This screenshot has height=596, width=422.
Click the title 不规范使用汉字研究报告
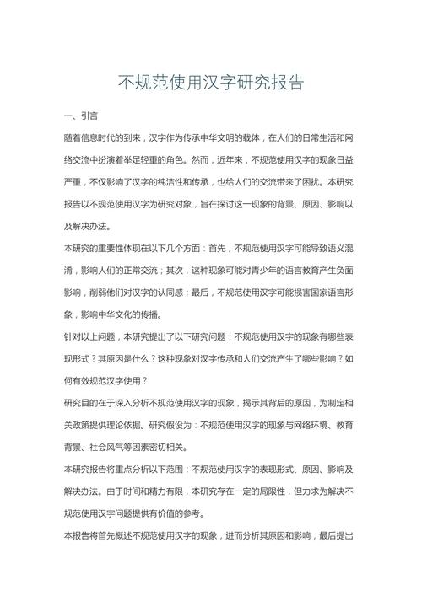coord(210,83)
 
